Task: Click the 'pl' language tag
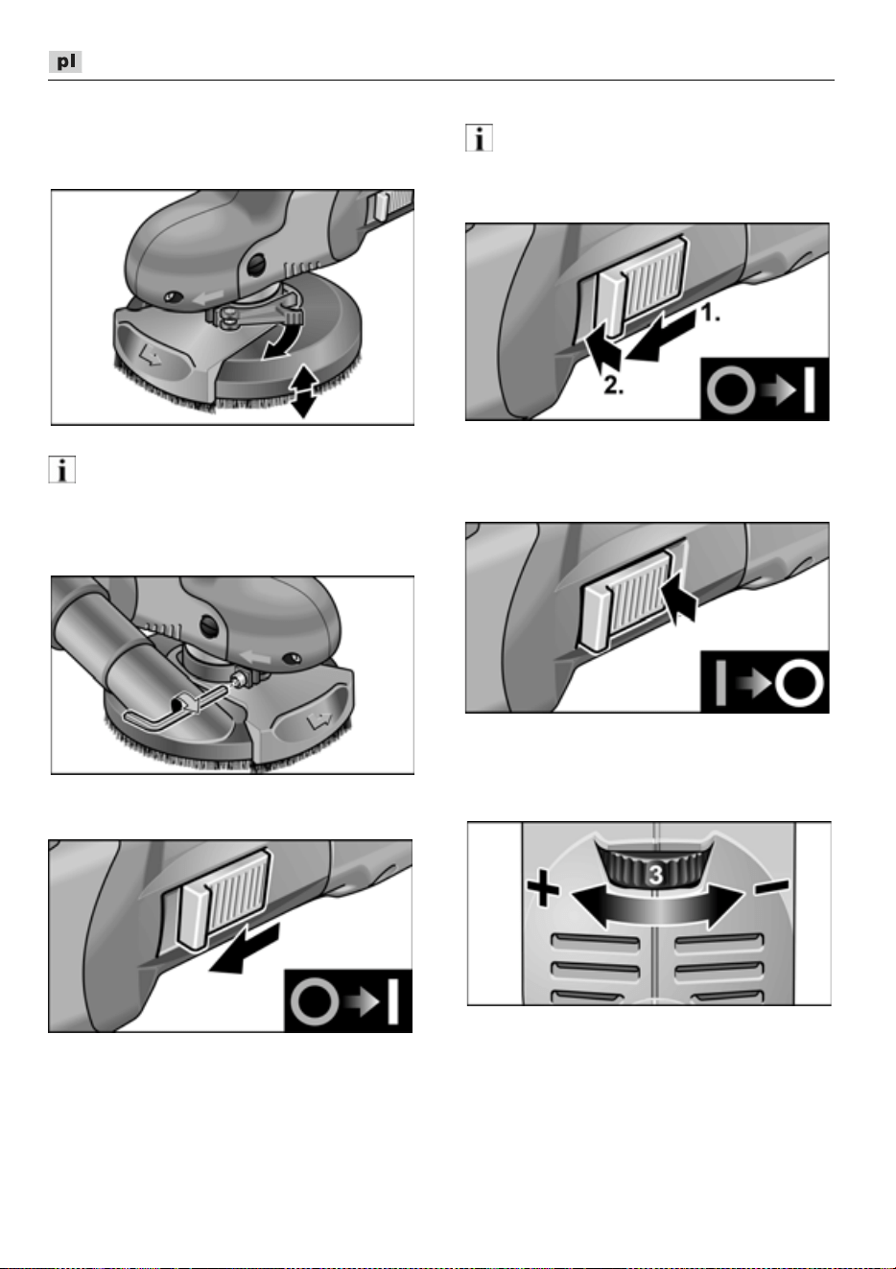pos(65,61)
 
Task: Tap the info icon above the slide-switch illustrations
pos(479,138)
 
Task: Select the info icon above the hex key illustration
pos(61,469)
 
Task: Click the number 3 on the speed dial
pos(655,875)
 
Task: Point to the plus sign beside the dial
pos(542,891)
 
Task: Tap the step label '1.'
pos(710,313)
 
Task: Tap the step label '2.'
pos(613,386)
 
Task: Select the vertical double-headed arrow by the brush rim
pos(303,391)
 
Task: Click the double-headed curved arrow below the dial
pos(657,907)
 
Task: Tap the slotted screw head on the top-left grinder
pos(257,263)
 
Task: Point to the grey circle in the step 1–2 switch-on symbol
pos(731,388)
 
